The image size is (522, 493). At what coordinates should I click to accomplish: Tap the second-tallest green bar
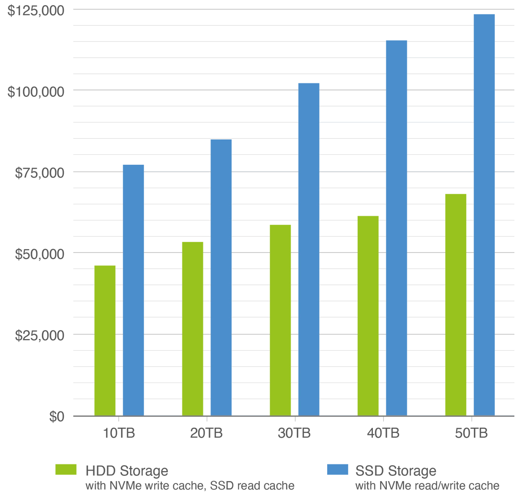[x=368, y=314]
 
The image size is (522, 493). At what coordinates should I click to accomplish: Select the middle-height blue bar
[x=309, y=248]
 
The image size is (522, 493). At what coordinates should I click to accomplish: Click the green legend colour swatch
[x=68, y=469]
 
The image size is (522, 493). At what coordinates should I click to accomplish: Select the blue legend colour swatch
[x=339, y=469]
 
